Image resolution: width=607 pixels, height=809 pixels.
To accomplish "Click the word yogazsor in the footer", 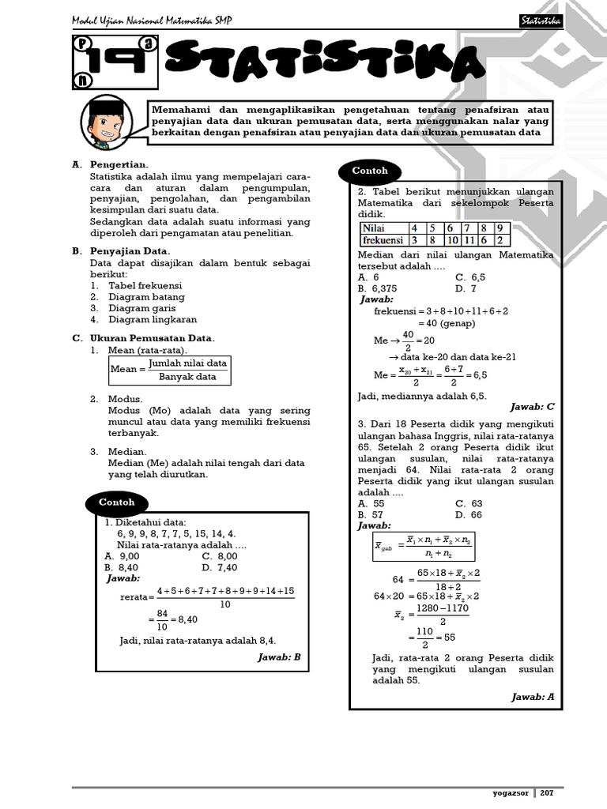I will pos(511,792).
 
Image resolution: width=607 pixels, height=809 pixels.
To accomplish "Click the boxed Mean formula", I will pos(170,370).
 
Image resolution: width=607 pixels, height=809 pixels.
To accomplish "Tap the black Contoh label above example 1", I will pos(116,502).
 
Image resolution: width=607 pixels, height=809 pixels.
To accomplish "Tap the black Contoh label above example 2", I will pos(370,171).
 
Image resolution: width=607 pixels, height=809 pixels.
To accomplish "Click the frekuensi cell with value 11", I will pos(470,240).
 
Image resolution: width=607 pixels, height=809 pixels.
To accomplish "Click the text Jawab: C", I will pos(533,407).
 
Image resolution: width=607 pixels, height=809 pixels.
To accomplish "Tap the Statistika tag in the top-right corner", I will pos(541,21).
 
